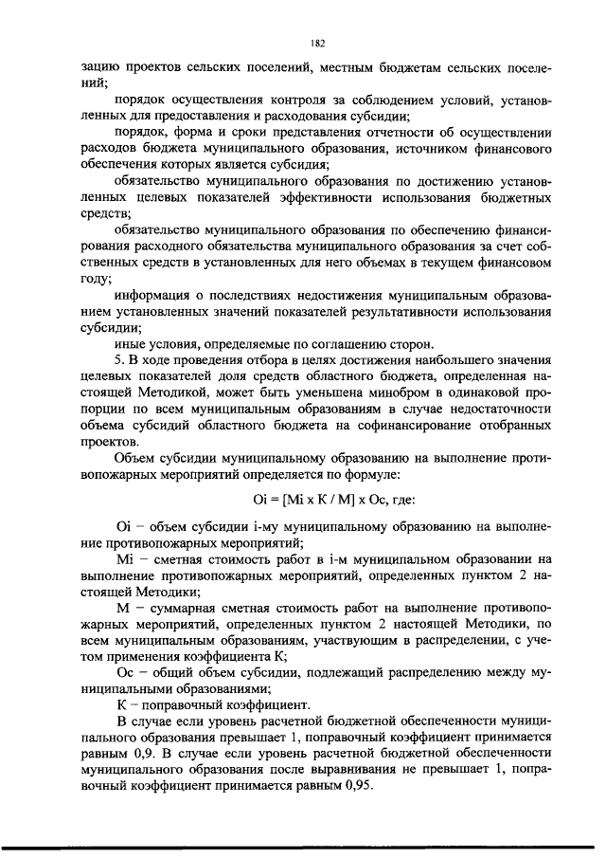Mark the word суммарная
pyautogui.click(x=192, y=607)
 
